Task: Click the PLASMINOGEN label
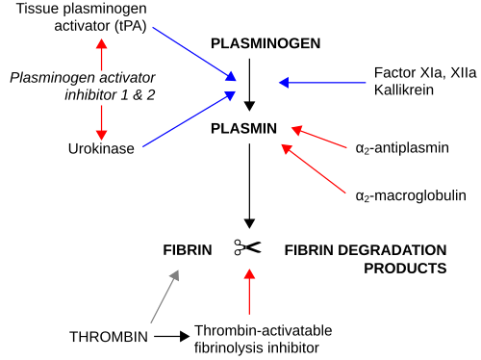[266, 43]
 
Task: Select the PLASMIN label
[243, 129]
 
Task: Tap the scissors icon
[247, 247]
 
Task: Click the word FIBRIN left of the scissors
[188, 250]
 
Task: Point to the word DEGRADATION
[392, 250]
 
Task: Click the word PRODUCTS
[405, 269]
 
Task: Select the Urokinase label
[101, 148]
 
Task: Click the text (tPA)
[130, 26]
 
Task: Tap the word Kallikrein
[404, 90]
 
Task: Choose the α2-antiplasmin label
[402, 148]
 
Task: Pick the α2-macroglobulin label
[411, 195]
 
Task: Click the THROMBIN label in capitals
[109, 337]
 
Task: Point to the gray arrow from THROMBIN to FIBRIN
[165, 296]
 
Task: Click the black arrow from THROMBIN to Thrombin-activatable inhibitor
[172, 337]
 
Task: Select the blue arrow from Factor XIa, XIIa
[322, 83]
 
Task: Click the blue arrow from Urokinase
[190, 119]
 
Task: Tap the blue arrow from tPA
[194, 54]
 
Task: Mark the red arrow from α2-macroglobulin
[314, 168]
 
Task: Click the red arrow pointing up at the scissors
[249, 292]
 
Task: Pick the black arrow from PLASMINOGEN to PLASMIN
[249, 85]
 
